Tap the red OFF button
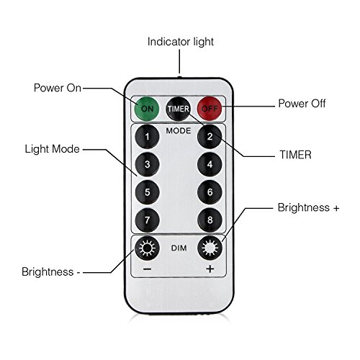pyautogui.click(x=210, y=109)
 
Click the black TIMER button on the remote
pyautogui.click(x=179, y=109)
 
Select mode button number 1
pyautogui.click(x=147, y=137)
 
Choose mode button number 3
pyautogui.click(x=147, y=164)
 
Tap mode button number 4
pyautogui.click(x=210, y=164)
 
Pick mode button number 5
pyautogui.click(x=147, y=192)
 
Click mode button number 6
pyautogui.click(x=210, y=192)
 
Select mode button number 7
pyautogui.click(x=147, y=220)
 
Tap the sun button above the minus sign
pyautogui.click(x=147, y=248)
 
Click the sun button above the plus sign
pyautogui.click(x=210, y=248)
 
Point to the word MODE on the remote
pyautogui.click(x=179, y=131)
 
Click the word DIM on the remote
pyautogui.click(x=179, y=248)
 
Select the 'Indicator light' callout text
pyautogui.click(x=181, y=42)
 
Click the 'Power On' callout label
pyautogui.click(x=58, y=88)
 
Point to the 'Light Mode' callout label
pyautogui.click(x=52, y=149)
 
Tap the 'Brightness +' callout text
pyautogui.click(x=308, y=207)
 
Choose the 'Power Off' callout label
pyautogui.click(x=302, y=104)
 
